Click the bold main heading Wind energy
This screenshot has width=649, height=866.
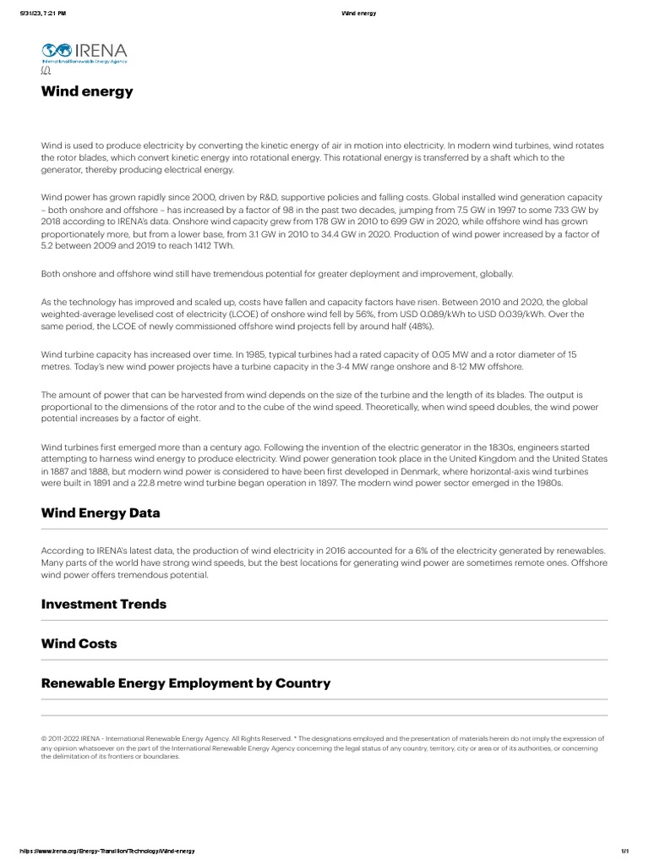click(x=87, y=91)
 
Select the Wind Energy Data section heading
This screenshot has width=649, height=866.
click(x=100, y=513)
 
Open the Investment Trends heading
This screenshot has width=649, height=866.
click(x=103, y=604)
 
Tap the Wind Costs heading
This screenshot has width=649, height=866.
click(x=79, y=644)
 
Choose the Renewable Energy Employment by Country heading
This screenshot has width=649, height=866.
click(x=186, y=682)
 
